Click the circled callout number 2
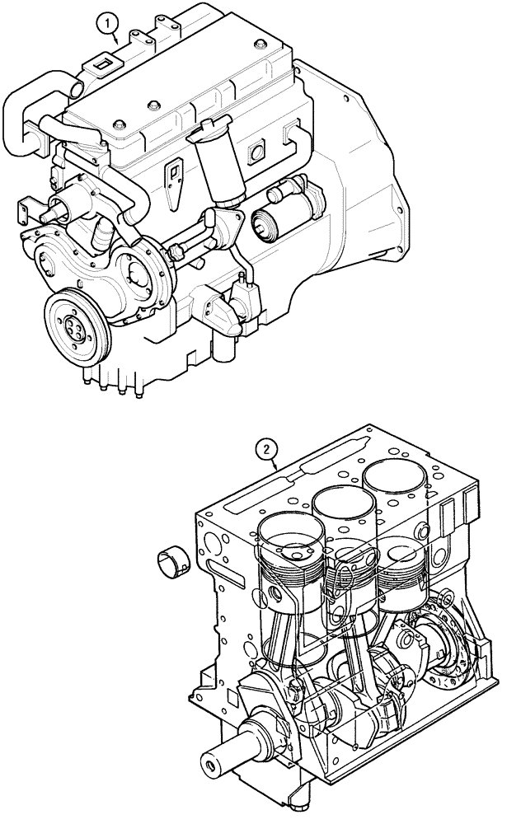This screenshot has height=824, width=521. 265,449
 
